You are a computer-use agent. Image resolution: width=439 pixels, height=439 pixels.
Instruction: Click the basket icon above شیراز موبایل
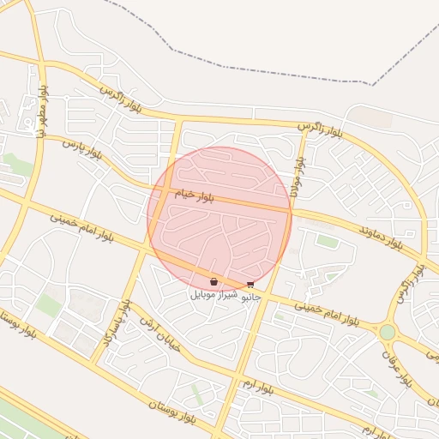pyautogui.click(x=213, y=281)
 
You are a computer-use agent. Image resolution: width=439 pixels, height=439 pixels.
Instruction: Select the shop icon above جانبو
pyautogui.click(x=250, y=284)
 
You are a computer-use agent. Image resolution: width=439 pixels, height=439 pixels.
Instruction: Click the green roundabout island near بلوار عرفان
pyautogui.click(x=388, y=331)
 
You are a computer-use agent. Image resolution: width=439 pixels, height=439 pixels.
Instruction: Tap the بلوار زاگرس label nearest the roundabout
pyautogui.click(x=409, y=284)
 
